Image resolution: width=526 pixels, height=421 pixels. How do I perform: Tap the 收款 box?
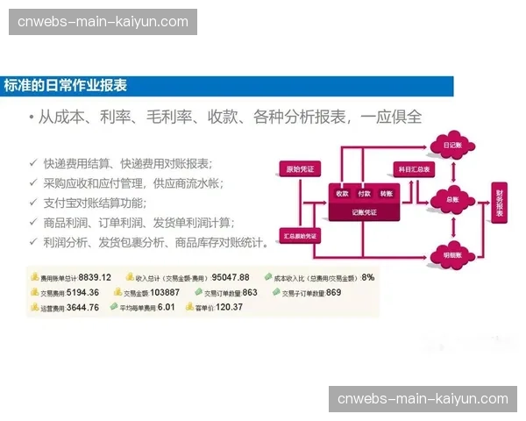coord(342,193)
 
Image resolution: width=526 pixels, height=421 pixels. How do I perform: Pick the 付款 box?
coord(364,193)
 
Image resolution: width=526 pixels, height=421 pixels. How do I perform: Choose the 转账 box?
coord(386,193)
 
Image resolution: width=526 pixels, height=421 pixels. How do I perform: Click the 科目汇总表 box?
coord(415,168)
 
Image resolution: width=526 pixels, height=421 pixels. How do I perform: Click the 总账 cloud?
coord(452,199)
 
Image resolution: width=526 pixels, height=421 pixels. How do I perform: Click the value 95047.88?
coord(231,277)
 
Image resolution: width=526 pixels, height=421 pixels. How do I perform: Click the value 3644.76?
coord(82,307)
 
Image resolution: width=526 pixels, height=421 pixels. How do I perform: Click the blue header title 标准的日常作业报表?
coord(66,86)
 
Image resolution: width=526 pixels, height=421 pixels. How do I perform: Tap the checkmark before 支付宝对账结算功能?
coord(32,203)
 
